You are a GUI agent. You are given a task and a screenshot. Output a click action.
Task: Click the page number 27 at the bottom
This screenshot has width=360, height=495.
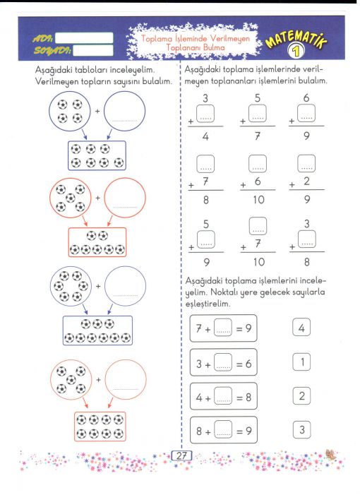(x=181, y=456)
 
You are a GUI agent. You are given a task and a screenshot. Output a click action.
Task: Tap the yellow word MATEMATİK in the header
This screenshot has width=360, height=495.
(x=296, y=40)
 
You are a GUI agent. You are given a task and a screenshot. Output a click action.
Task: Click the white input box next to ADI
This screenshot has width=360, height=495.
(x=84, y=38)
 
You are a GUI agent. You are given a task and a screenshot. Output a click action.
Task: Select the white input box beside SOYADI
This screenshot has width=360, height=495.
(x=93, y=50)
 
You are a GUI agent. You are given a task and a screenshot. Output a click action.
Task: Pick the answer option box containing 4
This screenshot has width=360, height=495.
(x=301, y=328)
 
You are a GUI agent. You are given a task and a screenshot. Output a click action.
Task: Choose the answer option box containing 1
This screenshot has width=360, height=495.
(x=301, y=362)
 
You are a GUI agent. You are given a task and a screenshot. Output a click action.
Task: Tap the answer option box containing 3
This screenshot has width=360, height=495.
(x=301, y=429)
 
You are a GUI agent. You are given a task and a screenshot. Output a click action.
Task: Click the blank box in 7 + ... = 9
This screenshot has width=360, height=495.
(x=223, y=328)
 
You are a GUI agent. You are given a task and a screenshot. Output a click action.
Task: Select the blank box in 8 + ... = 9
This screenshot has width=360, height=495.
(x=223, y=429)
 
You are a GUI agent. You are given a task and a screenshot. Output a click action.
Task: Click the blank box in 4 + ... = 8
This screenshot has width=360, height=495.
(x=223, y=396)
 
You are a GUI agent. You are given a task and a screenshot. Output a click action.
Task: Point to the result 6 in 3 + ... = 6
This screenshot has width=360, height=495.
(x=248, y=364)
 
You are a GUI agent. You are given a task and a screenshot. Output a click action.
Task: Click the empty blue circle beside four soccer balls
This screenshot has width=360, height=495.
(x=125, y=112)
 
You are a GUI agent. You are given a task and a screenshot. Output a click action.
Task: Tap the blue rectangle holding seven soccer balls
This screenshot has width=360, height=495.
(x=97, y=155)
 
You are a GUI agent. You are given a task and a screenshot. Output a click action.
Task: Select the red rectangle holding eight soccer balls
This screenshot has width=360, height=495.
(x=100, y=427)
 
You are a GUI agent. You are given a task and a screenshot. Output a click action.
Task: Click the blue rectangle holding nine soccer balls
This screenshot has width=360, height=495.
(x=97, y=330)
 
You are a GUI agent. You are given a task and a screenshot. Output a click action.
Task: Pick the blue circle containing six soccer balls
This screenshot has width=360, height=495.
(x=71, y=287)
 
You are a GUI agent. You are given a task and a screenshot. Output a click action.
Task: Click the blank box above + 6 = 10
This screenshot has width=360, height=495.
(x=258, y=164)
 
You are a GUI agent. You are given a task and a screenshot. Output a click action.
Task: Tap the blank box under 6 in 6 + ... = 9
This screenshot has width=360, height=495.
(x=306, y=113)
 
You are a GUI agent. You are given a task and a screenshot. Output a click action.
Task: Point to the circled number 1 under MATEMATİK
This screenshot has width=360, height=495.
(x=296, y=51)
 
